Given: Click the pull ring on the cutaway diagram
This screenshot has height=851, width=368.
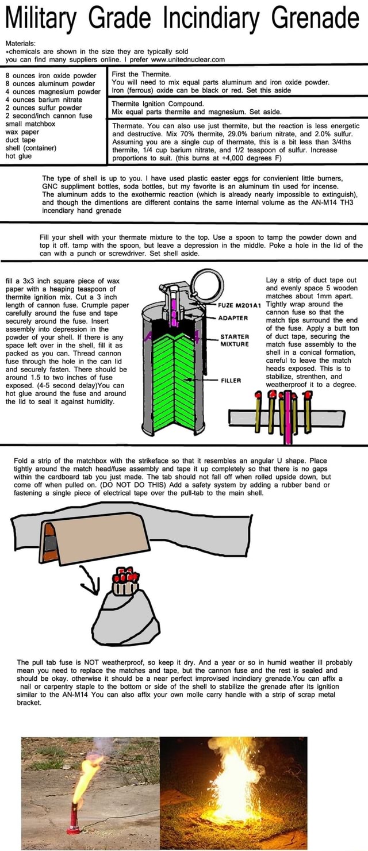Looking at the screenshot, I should click(202, 284).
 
